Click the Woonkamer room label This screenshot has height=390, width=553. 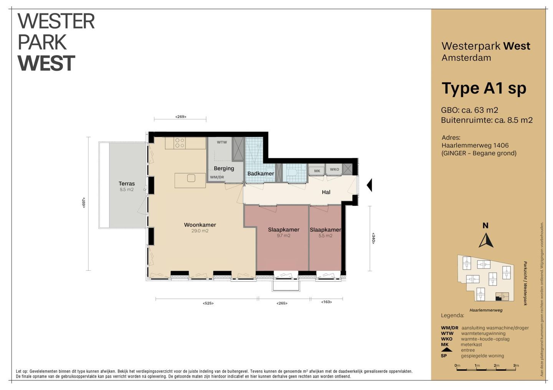(x=200, y=225)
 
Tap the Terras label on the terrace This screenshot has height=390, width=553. (x=127, y=184)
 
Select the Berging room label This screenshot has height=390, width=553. (x=224, y=168)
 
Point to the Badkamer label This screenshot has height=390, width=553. (x=261, y=174)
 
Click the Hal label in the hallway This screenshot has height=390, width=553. (x=326, y=192)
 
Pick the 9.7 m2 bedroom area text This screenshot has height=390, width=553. (x=283, y=236)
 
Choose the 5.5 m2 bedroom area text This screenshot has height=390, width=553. (x=325, y=236)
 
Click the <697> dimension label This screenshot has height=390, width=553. (x=84, y=202)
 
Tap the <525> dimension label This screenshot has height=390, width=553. (x=208, y=303)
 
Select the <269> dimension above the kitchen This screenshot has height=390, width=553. (x=181, y=117)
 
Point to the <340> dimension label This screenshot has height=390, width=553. (x=373, y=238)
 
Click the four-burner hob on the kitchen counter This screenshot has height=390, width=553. (x=179, y=143)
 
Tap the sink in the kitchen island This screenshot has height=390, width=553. (x=191, y=178)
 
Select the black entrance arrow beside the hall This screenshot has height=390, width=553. (x=369, y=185)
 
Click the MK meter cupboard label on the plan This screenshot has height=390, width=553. (x=317, y=171)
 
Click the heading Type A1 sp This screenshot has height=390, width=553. (x=484, y=88)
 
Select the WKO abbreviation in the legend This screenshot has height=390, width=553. (x=447, y=339)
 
